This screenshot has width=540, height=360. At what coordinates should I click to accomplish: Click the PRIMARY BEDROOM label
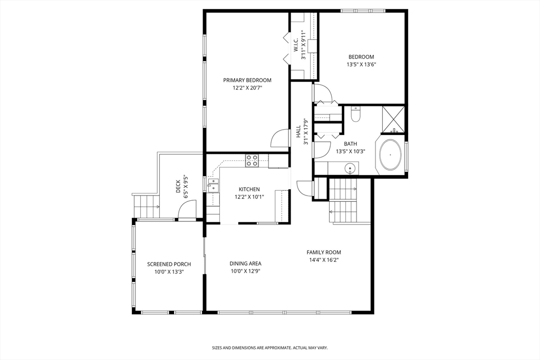pos(247,80)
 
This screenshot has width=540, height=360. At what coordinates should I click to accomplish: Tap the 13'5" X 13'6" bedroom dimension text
pos(361,64)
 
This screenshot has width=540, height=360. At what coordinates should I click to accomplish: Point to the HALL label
pos(298,131)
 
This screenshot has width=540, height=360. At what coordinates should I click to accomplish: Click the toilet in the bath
pos(355,114)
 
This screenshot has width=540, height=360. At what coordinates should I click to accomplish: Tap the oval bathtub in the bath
pos(391,154)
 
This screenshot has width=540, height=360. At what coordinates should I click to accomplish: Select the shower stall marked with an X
pos(393,120)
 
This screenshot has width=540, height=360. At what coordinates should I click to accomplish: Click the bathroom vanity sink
pos(350,169)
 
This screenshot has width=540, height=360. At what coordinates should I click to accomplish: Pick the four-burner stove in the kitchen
pos(252,160)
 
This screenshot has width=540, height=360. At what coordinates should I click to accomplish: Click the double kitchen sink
pos(213,185)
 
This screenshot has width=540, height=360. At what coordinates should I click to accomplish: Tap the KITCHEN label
pos(249,189)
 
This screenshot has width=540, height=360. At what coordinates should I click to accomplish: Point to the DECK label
pos(178,186)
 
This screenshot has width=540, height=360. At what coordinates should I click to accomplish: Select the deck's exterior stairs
pos(146,206)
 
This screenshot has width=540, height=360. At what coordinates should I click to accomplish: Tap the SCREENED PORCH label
pos(169,264)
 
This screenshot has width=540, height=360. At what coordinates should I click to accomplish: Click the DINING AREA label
pos(246,264)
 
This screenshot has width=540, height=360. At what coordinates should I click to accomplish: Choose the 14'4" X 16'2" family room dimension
pos(324,260)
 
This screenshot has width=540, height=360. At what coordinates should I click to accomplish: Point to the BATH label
pos(351,144)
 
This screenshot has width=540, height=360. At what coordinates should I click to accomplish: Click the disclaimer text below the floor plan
pos(269,348)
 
